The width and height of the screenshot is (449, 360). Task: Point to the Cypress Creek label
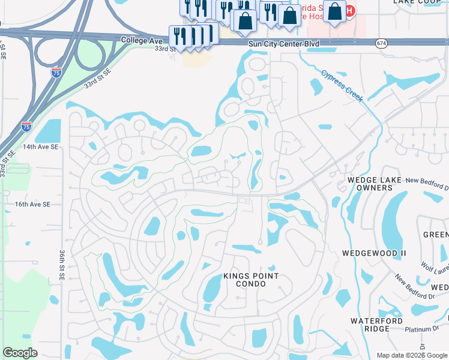(x=342, y=86)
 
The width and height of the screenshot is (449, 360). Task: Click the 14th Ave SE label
(x=41, y=146)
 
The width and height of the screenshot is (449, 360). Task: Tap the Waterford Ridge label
(x=376, y=325)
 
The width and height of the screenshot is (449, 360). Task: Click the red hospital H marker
(x=349, y=10)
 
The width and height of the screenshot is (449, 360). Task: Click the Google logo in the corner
(x=20, y=353)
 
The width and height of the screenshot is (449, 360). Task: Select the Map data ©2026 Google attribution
(x=412, y=355)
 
